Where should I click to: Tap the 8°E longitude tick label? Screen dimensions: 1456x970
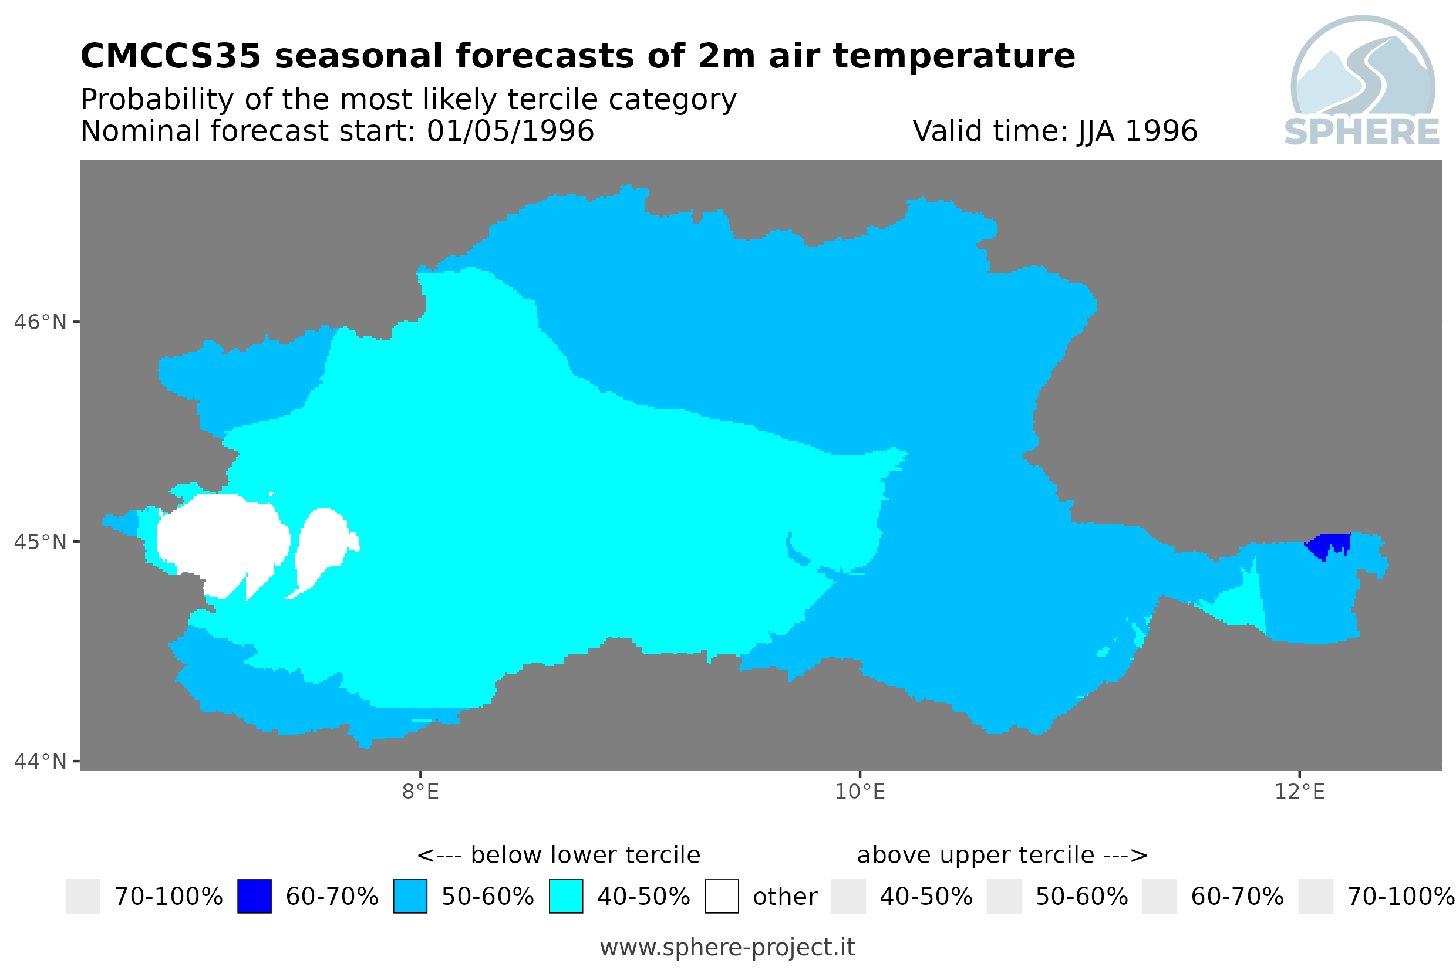pos(421,792)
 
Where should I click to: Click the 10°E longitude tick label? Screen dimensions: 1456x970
pos(860,792)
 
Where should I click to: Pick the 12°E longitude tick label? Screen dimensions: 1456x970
pos(1300,792)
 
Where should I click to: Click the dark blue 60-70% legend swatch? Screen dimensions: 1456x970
pos(254,897)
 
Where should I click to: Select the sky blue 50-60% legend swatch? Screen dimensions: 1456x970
pos(410,897)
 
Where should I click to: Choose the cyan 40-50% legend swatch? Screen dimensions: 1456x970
pos(566,897)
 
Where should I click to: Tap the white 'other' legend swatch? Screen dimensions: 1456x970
pos(722,897)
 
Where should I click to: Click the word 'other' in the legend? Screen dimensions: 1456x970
pos(785,897)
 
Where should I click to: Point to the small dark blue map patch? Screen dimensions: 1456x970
pos(1328,546)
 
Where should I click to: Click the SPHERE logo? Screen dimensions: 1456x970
pos(1362,81)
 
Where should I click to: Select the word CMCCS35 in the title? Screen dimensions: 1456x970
pos(171,56)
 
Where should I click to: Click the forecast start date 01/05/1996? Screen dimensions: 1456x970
pos(511,131)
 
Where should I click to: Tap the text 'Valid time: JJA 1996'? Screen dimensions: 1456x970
pos(1055,131)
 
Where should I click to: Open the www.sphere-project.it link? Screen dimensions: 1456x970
pos(727,947)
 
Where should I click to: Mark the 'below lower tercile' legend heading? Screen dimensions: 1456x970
pos(559,855)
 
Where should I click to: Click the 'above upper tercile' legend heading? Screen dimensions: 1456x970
pos(1002,855)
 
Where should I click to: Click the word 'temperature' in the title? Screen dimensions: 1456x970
pos(954,56)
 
